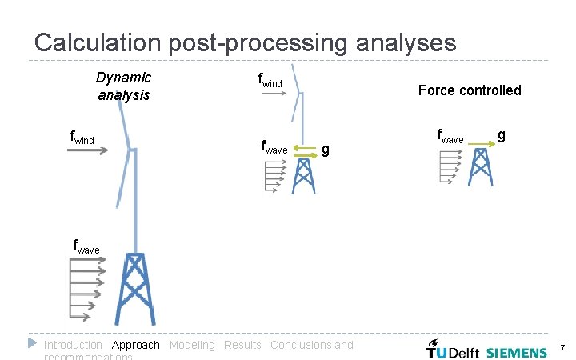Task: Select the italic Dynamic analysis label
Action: click(123, 86)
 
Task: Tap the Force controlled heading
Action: click(470, 90)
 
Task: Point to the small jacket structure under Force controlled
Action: click(480, 167)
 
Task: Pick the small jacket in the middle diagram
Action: click(303, 176)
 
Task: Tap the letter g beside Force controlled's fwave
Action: click(501, 135)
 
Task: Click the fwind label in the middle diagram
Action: click(271, 80)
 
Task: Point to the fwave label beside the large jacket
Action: click(86, 248)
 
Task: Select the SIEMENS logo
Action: click(517, 351)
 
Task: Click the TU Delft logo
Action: click(452, 350)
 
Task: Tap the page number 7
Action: click(562, 349)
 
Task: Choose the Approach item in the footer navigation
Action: click(135, 345)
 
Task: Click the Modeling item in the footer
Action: click(192, 345)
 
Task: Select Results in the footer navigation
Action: click(242, 345)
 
